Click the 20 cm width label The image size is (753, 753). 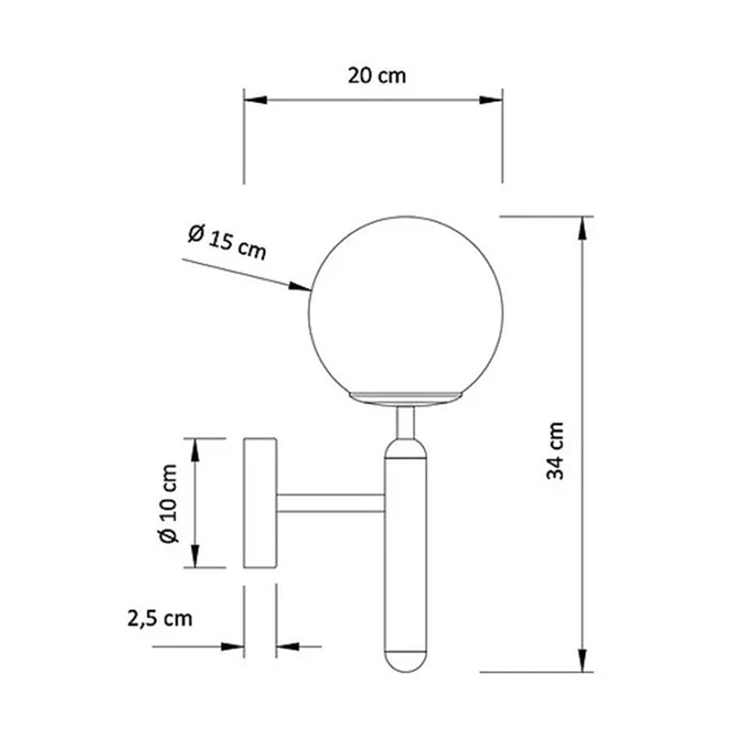[x=376, y=75]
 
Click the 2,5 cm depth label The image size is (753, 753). [x=159, y=619]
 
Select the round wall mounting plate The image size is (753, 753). [x=261, y=503]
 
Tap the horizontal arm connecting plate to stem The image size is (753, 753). [x=331, y=504]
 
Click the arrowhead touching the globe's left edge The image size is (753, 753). [x=301, y=286]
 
